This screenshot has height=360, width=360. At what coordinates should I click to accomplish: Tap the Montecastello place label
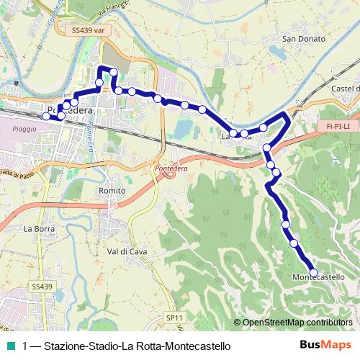324,278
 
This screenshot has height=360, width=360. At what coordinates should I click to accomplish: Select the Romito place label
112,190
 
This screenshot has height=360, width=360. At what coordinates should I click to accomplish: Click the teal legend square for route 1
11,346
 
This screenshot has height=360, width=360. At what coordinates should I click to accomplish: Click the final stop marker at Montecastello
312,272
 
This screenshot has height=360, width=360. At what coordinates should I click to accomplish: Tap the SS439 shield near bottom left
42,287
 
